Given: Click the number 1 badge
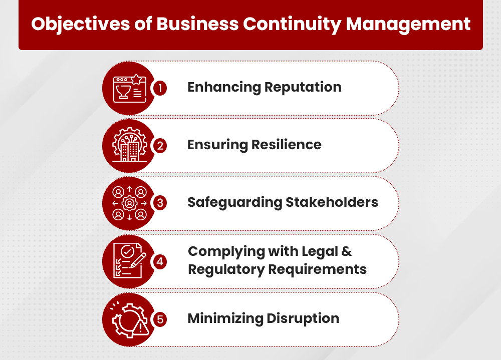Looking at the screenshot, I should [x=159, y=88].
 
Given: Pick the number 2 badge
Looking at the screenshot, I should [x=159, y=146].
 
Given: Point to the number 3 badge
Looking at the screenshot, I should [x=159, y=203].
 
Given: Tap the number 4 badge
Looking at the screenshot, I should [x=159, y=261].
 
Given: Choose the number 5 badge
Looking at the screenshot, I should [x=159, y=319].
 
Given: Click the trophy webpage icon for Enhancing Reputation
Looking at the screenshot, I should [x=129, y=88].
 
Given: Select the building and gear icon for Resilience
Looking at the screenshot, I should [x=129, y=146].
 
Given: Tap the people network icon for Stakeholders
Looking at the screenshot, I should [x=129, y=203].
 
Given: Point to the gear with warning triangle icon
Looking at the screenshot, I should [x=129, y=319].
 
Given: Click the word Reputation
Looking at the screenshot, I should [x=303, y=87].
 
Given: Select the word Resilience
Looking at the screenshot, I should [x=287, y=145].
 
